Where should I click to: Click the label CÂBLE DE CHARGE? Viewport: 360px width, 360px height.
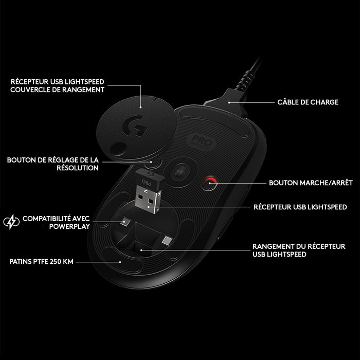click(308, 102)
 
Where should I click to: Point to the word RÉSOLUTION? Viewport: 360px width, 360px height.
click(78, 168)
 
